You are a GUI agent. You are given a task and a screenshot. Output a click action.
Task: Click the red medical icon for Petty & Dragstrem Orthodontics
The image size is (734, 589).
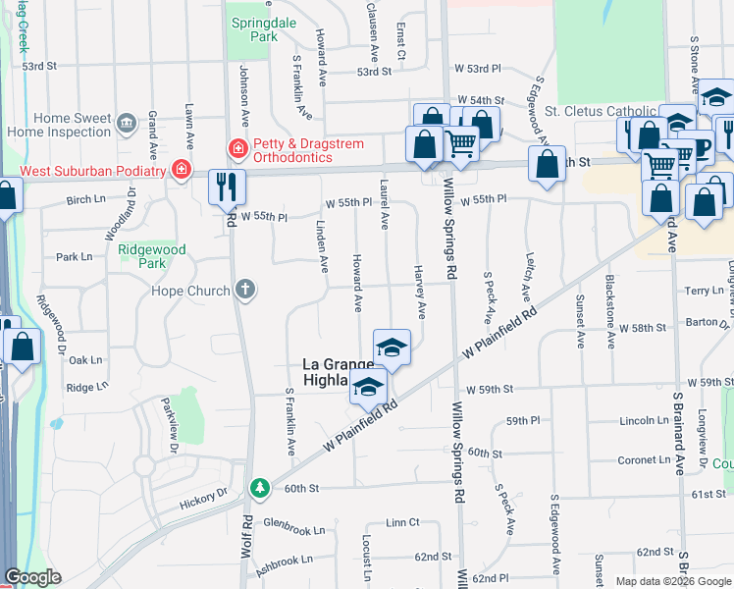tap(236, 148)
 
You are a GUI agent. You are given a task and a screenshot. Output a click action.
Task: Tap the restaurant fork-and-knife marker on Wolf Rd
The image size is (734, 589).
tap(227, 187)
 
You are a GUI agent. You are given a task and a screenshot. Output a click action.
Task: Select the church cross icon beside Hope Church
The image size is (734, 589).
tap(245, 290)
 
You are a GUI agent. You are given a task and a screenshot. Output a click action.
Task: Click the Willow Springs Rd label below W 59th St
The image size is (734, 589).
tap(457, 448)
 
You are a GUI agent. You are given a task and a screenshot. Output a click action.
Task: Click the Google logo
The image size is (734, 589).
tap(33, 577)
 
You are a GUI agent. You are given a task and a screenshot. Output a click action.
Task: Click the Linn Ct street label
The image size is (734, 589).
tap(402, 522)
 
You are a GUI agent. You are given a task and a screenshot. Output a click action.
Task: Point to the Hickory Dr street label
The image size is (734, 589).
tap(203, 503)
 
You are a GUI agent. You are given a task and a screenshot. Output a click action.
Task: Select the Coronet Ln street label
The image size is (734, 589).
tap(644, 459)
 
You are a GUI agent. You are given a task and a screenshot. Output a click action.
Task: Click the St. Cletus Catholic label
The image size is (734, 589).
tap(601, 111)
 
